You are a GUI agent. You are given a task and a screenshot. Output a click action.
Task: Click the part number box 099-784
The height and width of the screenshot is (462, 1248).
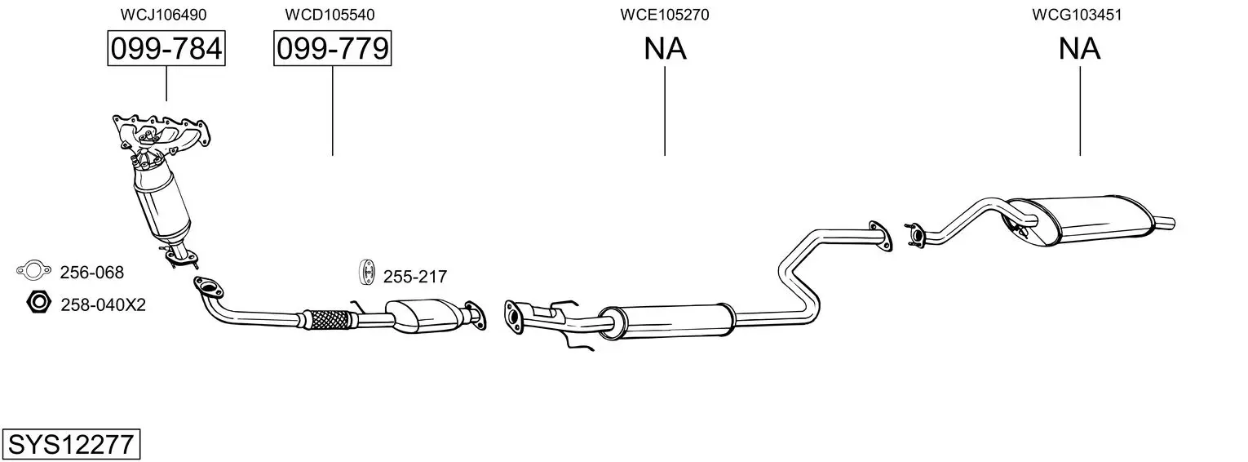point(166,49)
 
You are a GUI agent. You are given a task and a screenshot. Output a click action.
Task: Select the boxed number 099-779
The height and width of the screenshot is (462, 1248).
point(332,49)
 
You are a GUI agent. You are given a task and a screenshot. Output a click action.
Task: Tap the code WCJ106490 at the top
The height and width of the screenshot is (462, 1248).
point(163,15)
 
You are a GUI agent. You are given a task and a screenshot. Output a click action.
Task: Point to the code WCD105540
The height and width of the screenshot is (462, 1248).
point(330,15)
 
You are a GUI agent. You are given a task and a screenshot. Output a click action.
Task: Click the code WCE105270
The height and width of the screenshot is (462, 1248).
point(664,15)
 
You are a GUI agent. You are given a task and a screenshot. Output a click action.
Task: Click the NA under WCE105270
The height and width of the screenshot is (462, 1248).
point(665,49)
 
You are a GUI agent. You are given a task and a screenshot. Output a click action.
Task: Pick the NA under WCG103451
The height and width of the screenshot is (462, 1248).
point(1079,49)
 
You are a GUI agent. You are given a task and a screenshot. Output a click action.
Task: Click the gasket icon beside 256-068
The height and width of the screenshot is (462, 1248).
point(33,270)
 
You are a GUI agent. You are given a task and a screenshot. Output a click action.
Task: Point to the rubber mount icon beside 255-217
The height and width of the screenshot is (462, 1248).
point(366,273)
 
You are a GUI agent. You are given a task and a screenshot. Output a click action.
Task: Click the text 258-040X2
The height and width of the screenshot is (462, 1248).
point(103,305)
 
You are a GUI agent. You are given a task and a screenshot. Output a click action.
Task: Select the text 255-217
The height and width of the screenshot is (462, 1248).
point(415,278)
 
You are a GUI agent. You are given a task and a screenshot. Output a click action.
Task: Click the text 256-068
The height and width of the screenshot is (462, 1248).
point(92,273)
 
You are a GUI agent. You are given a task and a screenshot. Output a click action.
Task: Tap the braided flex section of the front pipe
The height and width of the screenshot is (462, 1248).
point(330,318)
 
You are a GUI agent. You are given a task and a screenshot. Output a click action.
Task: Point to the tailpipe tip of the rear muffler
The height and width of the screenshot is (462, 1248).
point(1164,221)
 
